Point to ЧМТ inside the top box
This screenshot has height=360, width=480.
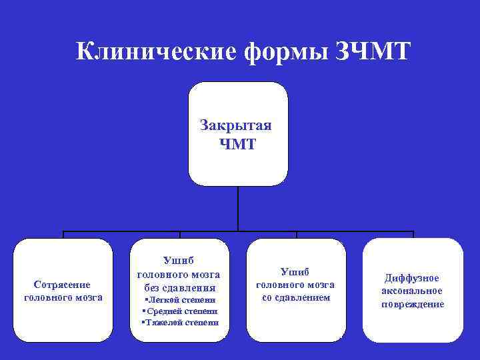pos(237,144)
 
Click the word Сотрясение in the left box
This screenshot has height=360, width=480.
pos(63,285)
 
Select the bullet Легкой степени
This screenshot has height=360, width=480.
pos(180,301)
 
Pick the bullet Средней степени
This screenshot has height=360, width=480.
pos(180,311)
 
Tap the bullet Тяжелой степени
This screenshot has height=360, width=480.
pos(180,323)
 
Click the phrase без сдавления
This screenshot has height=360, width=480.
pos(179,289)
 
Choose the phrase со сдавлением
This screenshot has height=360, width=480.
pos(296,297)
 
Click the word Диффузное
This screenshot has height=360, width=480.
pos(412,278)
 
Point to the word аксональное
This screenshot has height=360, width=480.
pos(412,291)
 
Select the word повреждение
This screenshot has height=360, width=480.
pos(412,305)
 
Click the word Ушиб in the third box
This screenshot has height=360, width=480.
pos(296,272)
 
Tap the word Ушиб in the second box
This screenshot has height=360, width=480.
pos(179,261)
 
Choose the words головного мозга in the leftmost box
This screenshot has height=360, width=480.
pos(63,297)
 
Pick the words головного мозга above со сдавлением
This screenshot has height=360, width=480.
pos(296,285)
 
